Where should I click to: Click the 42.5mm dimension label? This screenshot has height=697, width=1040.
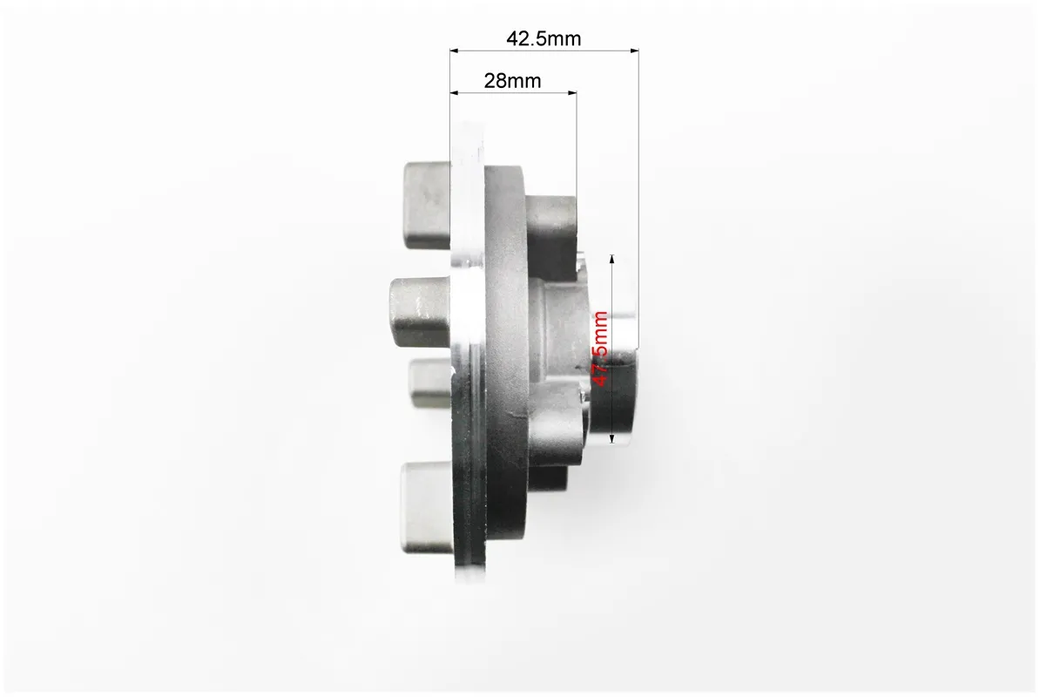click(x=544, y=38)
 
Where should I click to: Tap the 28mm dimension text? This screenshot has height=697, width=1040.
click(x=512, y=81)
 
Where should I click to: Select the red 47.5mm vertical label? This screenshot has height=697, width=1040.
click(x=600, y=348)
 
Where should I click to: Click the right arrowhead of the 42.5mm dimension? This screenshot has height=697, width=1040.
click(x=635, y=51)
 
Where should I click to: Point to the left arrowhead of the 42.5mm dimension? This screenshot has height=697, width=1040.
click(x=455, y=51)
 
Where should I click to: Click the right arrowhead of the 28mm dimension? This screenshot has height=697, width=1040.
click(x=572, y=93)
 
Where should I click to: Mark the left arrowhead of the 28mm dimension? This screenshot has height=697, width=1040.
click(x=455, y=93)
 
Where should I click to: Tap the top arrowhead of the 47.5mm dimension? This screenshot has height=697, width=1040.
click(x=612, y=259)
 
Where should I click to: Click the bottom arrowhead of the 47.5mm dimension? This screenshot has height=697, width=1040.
click(x=612, y=438)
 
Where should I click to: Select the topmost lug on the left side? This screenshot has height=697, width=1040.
click(x=428, y=206)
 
